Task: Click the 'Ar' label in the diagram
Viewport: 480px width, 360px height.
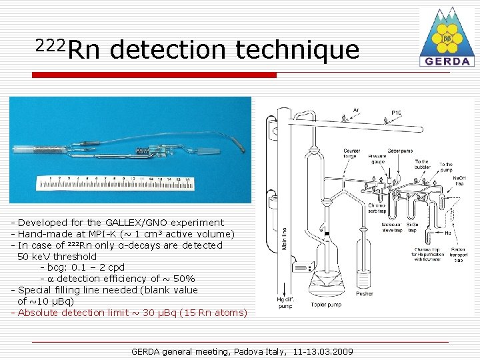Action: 356,110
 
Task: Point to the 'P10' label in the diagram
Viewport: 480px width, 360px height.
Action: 396,113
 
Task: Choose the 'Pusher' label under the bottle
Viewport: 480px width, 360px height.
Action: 364,293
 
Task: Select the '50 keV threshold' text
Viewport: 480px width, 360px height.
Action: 57,257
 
